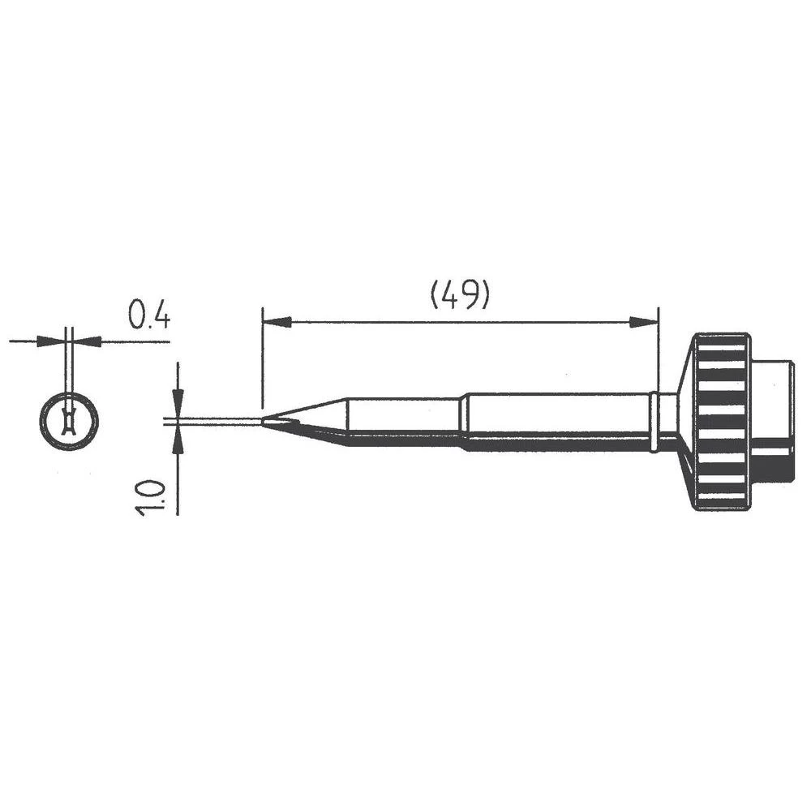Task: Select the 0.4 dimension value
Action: (148, 315)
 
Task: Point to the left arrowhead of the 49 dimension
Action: (276, 323)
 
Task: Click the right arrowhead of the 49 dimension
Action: (644, 323)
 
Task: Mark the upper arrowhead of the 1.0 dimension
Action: (178, 402)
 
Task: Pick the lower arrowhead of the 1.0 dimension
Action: (178, 439)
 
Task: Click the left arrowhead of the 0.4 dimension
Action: (52, 341)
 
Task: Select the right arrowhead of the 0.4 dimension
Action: (88, 341)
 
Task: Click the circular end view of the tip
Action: (69, 421)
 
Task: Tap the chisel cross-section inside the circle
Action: (69, 422)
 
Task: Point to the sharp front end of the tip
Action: (264, 421)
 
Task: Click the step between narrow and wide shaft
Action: (462, 420)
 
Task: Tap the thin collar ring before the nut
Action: (654, 421)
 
